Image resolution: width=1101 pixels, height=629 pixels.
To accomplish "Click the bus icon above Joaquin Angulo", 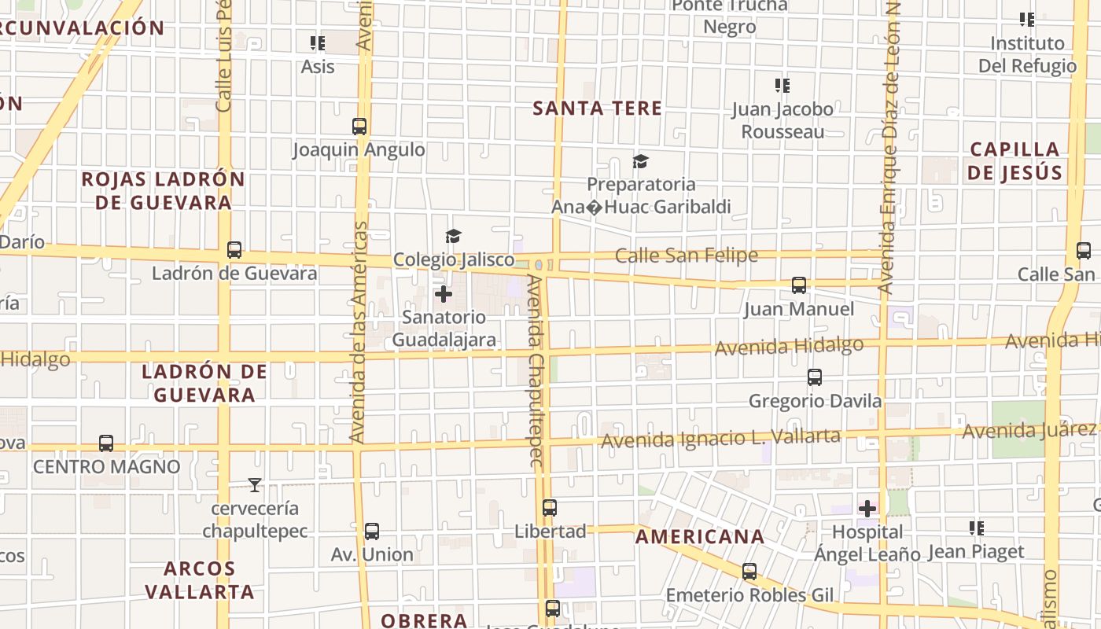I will click(x=359, y=126).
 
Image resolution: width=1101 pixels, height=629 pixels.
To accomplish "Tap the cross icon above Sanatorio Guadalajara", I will click(x=444, y=294).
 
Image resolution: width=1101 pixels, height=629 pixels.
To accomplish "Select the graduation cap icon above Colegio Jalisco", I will click(x=453, y=236).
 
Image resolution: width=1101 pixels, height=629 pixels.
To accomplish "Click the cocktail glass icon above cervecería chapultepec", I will click(x=254, y=484).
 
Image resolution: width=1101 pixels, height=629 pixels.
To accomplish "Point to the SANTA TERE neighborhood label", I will click(x=597, y=109).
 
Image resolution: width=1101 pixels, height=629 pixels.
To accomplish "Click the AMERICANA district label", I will click(x=699, y=537).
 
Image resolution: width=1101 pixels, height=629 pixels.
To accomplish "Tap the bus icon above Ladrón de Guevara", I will click(x=234, y=250).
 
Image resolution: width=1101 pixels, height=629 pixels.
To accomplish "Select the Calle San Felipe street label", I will click(x=686, y=256).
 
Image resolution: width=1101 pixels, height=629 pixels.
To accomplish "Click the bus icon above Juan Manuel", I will click(x=799, y=285).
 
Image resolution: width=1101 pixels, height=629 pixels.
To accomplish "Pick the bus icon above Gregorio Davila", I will click(x=815, y=377).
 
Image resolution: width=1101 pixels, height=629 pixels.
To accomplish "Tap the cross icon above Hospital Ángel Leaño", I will click(x=867, y=509).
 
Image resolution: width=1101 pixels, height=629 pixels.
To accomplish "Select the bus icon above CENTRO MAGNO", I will click(x=106, y=443).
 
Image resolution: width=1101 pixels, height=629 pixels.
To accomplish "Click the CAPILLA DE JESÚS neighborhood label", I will click(x=1014, y=161).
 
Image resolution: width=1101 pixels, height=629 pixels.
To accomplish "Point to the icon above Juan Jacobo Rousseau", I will click(x=782, y=85).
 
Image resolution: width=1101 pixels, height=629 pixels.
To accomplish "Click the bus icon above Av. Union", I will click(x=372, y=532).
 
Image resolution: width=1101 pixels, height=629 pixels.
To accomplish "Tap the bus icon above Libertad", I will click(x=550, y=508).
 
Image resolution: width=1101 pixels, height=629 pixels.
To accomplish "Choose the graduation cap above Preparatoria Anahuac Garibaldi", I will click(x=640, y=161).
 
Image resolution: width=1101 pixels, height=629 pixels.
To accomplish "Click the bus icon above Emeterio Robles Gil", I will click(x=749, y=572).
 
